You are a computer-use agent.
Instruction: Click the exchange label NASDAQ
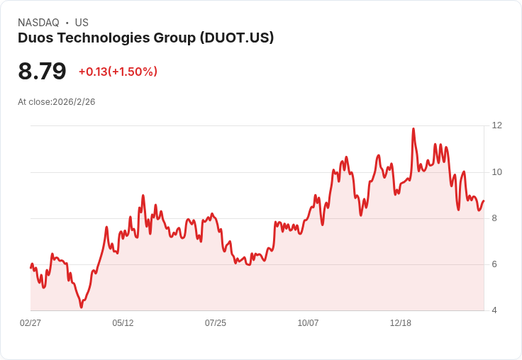(38, 23)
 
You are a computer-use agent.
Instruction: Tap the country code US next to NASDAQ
(82, 23)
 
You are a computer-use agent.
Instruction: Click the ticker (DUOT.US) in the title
(237, 38)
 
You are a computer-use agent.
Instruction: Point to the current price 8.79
(42, 72)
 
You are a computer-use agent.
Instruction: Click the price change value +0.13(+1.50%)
(118, 72)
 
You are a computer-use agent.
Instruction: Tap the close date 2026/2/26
(74, 102)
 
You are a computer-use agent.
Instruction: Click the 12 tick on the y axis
(496, 125)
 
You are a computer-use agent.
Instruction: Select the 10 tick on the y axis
(496, 172)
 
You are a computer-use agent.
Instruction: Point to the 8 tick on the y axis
(494, 218)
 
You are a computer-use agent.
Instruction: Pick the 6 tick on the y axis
(494, 264)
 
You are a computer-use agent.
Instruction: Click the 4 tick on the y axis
(494, 310)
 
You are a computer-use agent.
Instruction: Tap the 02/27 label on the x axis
(30, 323)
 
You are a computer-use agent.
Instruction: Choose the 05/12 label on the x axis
(123, 323)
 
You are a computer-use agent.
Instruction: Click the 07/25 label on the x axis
(216, 323)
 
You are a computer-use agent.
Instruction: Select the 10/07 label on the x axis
(308, 323)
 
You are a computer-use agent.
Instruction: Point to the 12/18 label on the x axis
(401, 323)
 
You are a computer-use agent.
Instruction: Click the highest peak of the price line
(413, 129)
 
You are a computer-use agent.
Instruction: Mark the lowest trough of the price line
(82, 307)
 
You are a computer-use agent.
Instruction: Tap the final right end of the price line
(484, 201)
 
